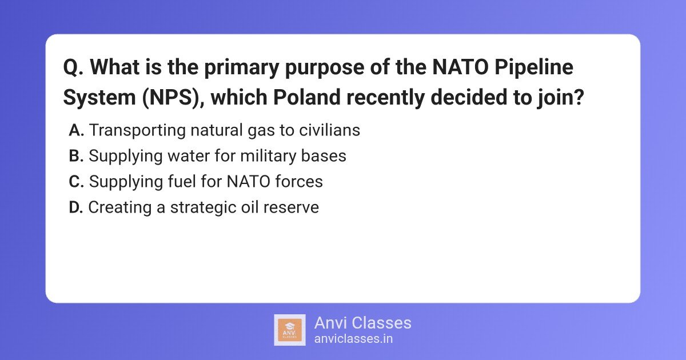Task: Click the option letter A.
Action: (x=76, y=130)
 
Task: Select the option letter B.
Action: (x=76, y=156)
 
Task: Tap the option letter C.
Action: (x=76, y=182)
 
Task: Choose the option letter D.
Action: (x=76, y=207)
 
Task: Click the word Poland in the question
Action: (x=307, y=97)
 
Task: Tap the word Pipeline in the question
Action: (x=534, y=67)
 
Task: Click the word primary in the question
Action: (x=242, y=68)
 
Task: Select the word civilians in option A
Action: (x=329, y=130)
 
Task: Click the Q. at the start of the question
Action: (x=73, y=67)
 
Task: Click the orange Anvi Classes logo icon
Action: (x=290, y=330)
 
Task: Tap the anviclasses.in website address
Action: (x=353, y=339)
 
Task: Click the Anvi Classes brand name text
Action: (x=362, y=323)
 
